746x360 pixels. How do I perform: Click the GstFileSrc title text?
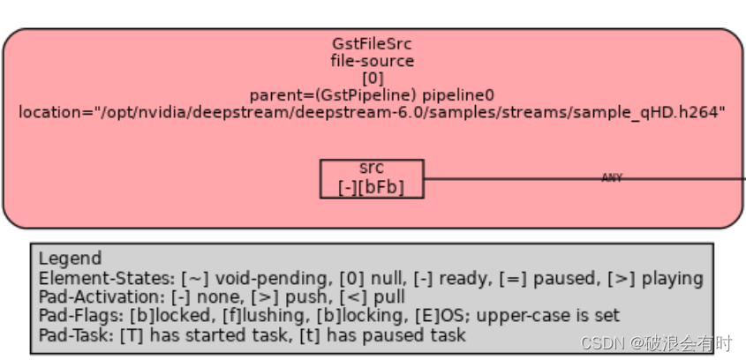click(372, 44)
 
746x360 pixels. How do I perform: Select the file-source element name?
click(372, 61)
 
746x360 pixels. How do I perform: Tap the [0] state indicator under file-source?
click(372, 78)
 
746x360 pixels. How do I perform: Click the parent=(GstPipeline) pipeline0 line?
click(372, 94)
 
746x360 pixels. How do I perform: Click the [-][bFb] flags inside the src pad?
click(372, 188)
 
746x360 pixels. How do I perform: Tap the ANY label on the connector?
click(612, 178)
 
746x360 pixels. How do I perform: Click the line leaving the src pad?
click(512, 178)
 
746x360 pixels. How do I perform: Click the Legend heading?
click(70, 259)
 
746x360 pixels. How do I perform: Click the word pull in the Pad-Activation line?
click(413, 298)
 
